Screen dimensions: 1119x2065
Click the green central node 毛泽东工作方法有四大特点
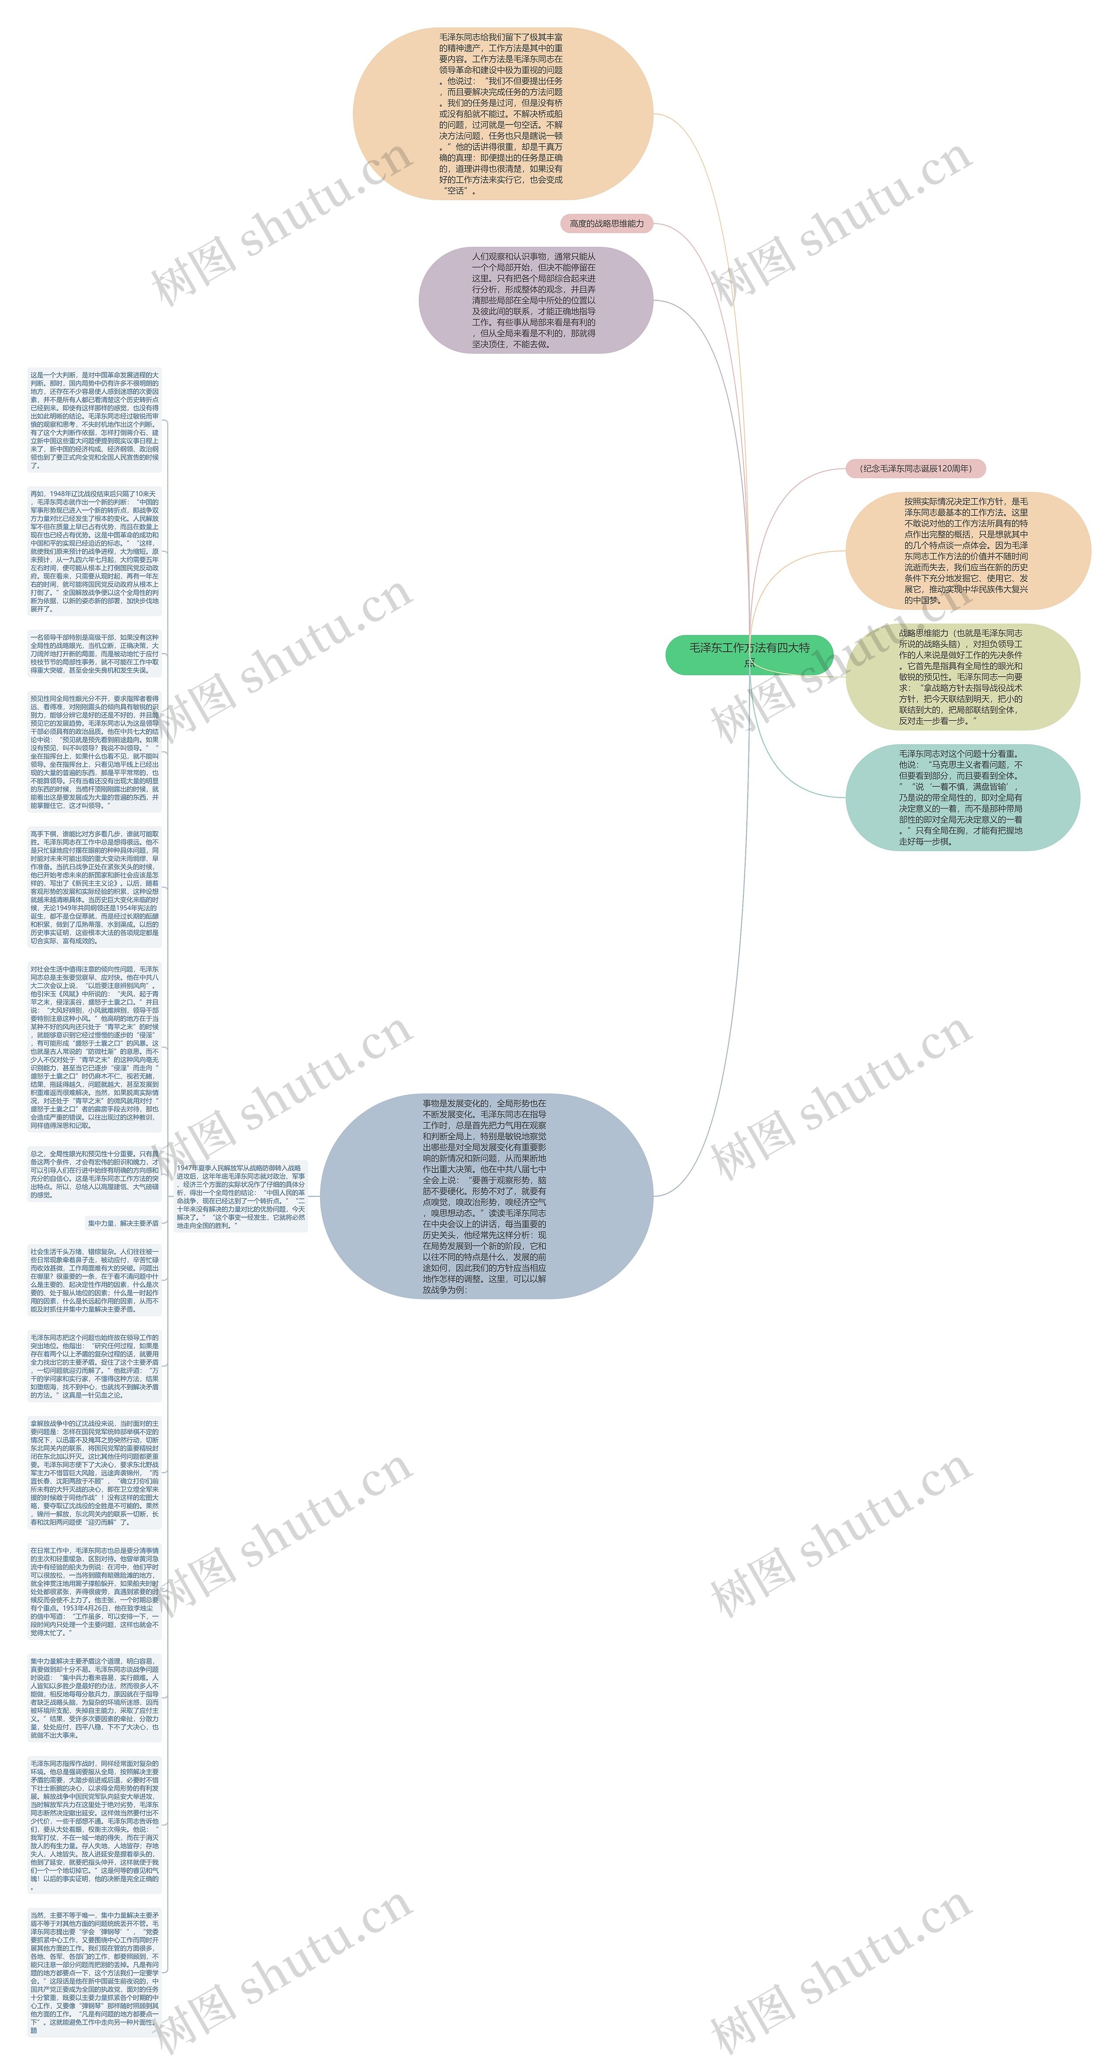coord(749,654)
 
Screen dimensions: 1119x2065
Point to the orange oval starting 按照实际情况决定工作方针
coord(967,551)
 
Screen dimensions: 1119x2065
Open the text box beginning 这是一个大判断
coord(94,419)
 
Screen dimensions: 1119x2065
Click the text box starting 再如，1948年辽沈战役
coord(94,551)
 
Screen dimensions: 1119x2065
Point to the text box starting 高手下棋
coord(94,888)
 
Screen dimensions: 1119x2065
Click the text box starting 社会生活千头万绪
coord(94,1279)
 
